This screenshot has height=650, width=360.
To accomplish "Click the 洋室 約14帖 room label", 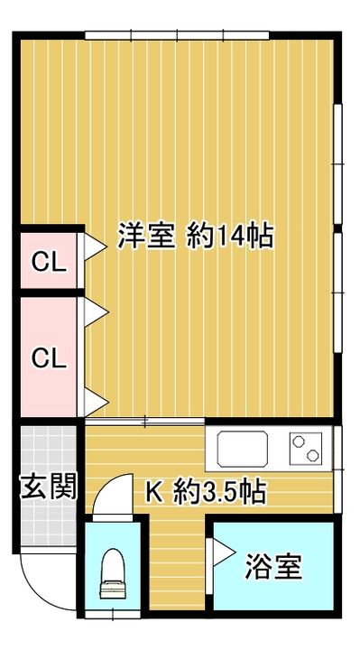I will point(195,237).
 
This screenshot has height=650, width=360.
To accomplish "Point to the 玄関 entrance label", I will point(48,487).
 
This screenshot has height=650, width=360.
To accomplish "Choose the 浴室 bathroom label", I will point(272,568).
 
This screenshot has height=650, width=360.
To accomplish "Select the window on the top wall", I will point(177,36).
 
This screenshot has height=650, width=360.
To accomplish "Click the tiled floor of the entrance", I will point(48,451).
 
